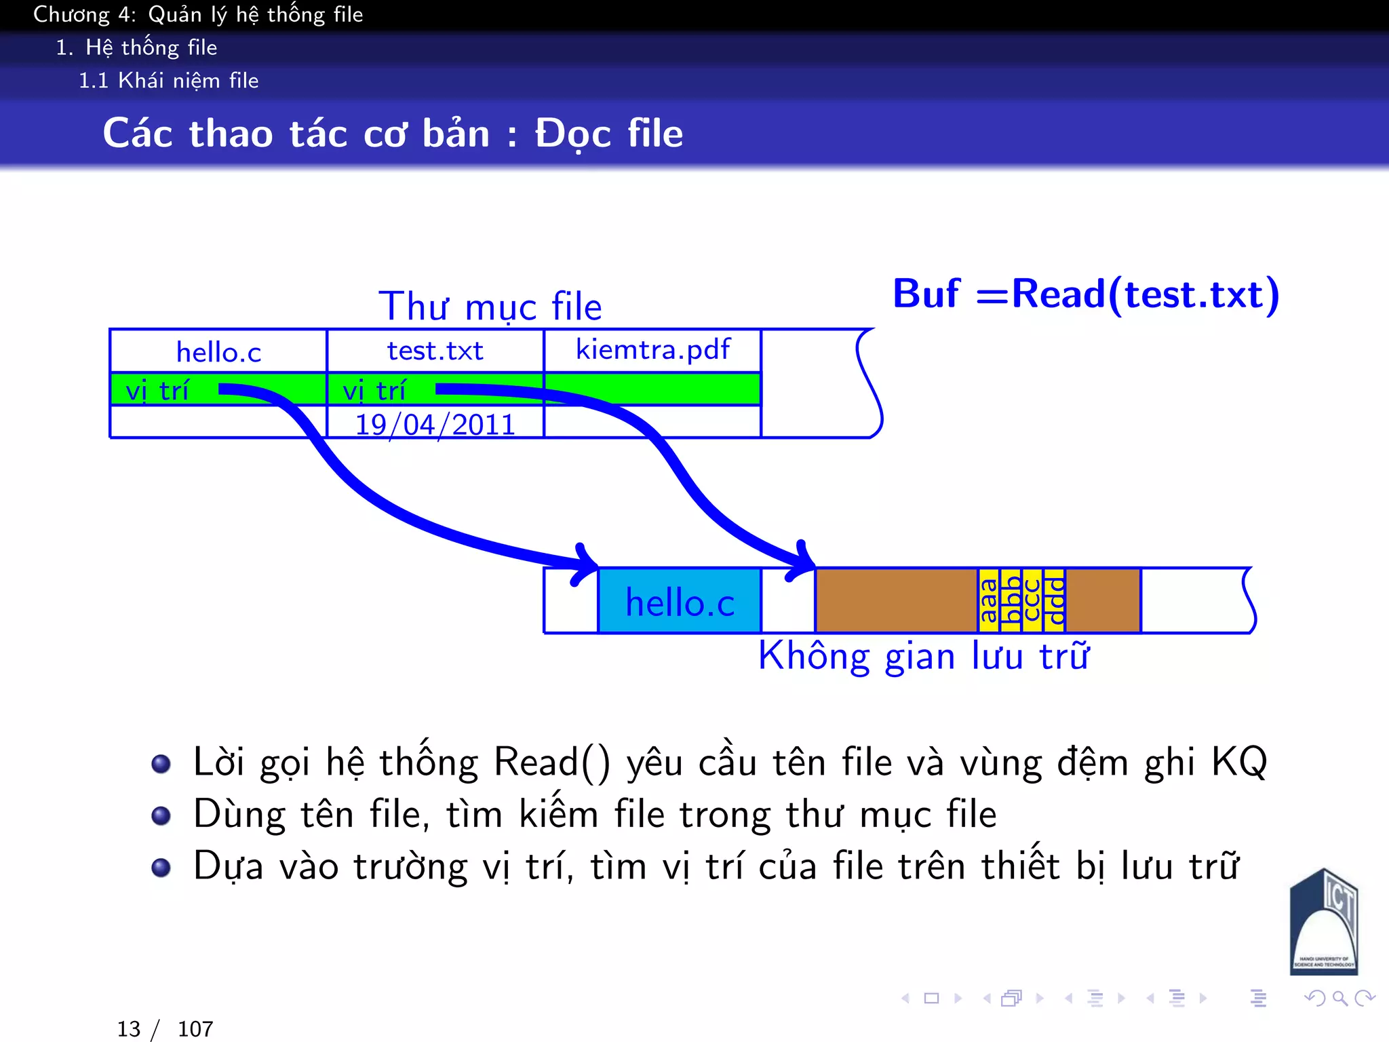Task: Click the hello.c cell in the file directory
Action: coord(218,352)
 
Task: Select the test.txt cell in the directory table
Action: coord(435,351)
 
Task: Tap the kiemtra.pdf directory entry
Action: coord(652,350)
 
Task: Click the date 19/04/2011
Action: coord(435,425)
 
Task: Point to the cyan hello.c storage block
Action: coord(680,602)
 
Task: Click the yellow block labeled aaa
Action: coord(989,601)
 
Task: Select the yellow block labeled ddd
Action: coord(1054,601)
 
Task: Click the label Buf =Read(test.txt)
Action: coord(1085,294)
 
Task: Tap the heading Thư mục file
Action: coord(490,307)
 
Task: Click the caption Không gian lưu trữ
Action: coord(924,657)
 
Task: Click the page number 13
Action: coord(129,1029)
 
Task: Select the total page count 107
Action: coord(195,1029)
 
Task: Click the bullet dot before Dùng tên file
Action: coord(161,815)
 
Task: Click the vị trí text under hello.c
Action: coord(157,391)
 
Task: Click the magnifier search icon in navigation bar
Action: coord(1339,998)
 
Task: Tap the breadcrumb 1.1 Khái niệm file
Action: coord(168,81)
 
